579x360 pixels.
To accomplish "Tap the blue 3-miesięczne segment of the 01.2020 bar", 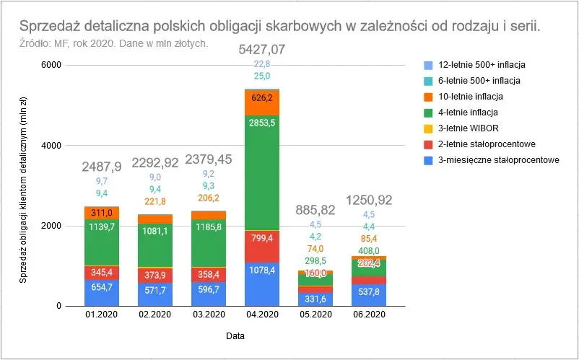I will (x=101, y=292).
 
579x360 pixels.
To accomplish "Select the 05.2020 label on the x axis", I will (x=315, y=315).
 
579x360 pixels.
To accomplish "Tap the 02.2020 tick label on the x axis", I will (x=154, y=315).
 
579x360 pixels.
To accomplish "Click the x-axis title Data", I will (x=235, y=335).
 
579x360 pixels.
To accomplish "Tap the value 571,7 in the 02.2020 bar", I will (x=154, y=289).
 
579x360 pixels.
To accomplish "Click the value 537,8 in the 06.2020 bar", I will (x=368, y=293).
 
